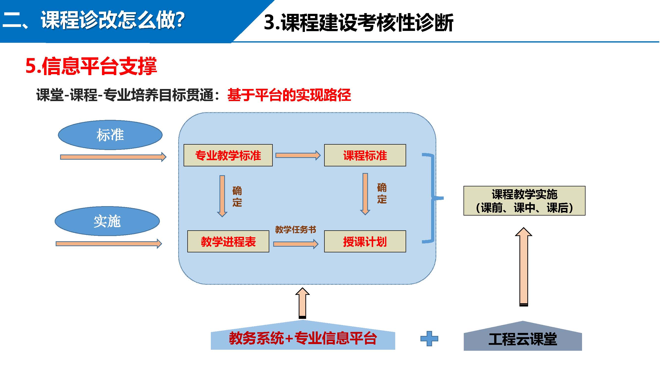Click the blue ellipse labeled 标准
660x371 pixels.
110,135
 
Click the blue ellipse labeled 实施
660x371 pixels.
107,221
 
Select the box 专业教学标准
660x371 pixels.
228,155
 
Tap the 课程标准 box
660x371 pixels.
365,155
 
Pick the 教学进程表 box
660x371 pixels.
228,241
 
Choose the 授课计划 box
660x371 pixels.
365,241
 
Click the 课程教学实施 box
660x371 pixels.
524,201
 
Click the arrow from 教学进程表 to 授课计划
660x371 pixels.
296,244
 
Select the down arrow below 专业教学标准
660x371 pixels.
222,196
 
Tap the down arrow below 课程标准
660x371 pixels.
365,194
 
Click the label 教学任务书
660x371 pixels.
295,230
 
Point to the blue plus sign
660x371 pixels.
429,339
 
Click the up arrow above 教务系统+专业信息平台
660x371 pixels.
302,303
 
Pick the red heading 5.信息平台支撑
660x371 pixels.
91,66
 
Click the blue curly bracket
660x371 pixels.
433,198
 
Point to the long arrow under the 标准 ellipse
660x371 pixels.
113,157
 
